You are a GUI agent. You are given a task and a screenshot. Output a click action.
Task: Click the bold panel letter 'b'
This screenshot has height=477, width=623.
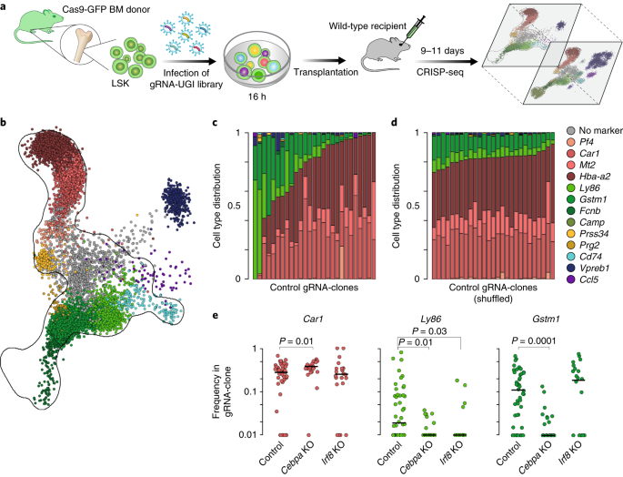6,122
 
